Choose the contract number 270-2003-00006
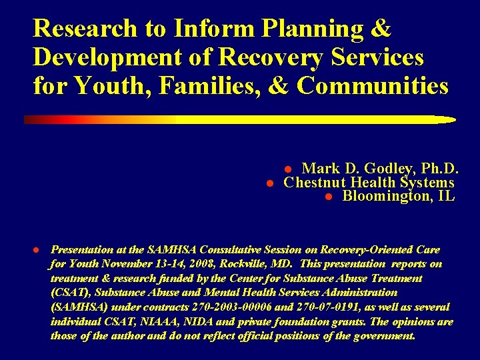pos(212,307)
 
